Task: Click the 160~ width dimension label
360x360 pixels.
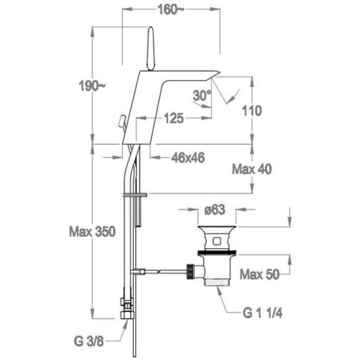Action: pos(171,10)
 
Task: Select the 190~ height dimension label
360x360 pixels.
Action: pos(92,86)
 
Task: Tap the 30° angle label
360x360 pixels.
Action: pos(202,95)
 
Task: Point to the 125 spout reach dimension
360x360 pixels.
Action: pos(174,118)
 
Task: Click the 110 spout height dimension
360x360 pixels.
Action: pos(252,111)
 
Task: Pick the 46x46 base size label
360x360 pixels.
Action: pos(188,158)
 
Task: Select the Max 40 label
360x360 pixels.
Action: pos(252,169)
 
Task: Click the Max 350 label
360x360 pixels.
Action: pos(92,231)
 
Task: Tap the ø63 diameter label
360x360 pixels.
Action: pos(215,210)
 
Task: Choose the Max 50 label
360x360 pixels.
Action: pos(260,274)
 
